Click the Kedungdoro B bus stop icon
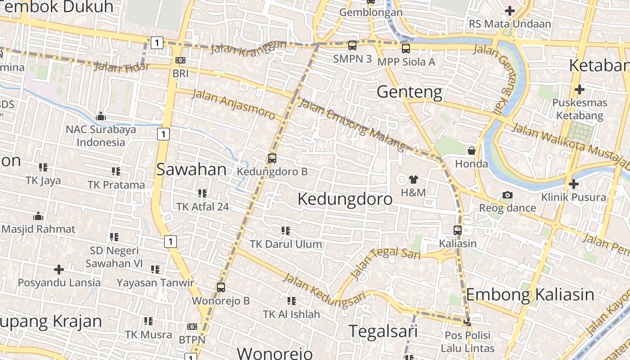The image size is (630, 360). [272, 158]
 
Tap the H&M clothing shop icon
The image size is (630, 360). [413, 180]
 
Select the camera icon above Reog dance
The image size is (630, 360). [508, 195]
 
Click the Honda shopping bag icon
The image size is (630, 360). [471, 150]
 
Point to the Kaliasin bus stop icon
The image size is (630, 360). [458, 230]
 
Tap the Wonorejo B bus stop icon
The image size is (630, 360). [220, 287]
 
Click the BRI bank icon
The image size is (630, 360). [180, 60]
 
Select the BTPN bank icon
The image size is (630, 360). [192, 327]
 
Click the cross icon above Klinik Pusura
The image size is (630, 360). [573, 184]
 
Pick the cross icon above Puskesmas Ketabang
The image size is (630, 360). [579, 90]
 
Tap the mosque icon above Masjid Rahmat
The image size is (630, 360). [38, 216]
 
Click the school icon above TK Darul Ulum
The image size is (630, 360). [285, 231]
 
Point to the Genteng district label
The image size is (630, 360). [409, 92]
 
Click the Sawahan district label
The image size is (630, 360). [191, 170]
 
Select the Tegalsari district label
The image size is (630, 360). [383, 331]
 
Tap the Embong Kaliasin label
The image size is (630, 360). [530, 295]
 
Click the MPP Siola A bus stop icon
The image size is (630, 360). [406, 49]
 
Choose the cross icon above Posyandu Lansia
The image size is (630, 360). [59, 270]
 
